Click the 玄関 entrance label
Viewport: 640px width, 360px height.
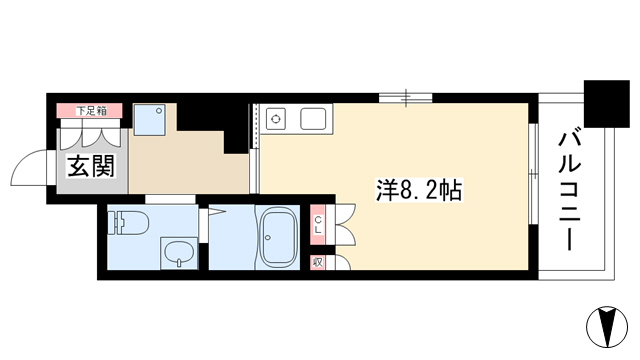click(91, 167)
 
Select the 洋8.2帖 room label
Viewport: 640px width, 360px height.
click(419, 190)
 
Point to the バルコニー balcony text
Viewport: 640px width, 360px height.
click(569, 191)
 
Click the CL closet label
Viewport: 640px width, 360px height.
click(318, 225)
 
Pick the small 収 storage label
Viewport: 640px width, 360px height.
click(317, 262)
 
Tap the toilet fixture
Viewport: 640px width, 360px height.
click(128, 222)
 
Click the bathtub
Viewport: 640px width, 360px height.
click(278, 237)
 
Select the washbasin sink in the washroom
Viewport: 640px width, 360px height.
click(179, 253)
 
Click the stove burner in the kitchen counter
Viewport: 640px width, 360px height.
click(276, 119)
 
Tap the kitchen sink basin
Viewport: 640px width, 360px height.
click(313, 119)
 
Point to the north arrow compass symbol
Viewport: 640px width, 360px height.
click(607, 327)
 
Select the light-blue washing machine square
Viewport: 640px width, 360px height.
click(149, 120)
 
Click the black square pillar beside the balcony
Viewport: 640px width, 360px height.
click(607, 104)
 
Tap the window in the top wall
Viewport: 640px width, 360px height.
click(405, 98)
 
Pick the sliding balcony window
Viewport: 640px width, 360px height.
click(533, 173)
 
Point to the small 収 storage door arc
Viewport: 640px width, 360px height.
click(343, 262)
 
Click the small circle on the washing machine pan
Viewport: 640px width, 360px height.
click(160, 110)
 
